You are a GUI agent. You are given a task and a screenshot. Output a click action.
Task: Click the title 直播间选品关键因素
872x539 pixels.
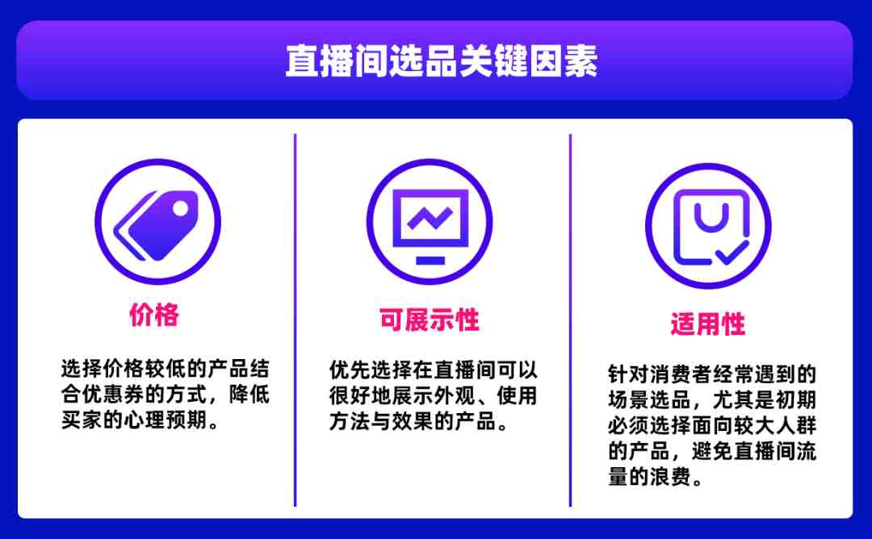tap(442, 61)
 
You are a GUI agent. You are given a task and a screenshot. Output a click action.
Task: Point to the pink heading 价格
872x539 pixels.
tap(154, 315)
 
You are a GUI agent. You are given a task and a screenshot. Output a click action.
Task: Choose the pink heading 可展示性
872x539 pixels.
tap(430, 320)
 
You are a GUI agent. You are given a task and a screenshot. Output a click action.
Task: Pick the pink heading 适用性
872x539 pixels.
tap(708, 324)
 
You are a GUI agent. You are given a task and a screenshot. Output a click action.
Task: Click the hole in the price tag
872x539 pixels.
tap(181, 208)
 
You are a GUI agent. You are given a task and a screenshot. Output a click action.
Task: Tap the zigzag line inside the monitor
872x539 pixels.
tap(430, 218)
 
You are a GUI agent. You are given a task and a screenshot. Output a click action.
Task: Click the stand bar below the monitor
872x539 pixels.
tap(430, 260)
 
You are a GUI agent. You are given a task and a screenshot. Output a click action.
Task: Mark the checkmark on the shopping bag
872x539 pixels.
tap(732, 253)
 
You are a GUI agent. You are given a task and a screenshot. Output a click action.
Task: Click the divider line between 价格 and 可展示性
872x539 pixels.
tap(295, 320)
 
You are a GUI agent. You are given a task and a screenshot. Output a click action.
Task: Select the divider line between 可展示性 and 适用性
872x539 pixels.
tap(570, 320)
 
